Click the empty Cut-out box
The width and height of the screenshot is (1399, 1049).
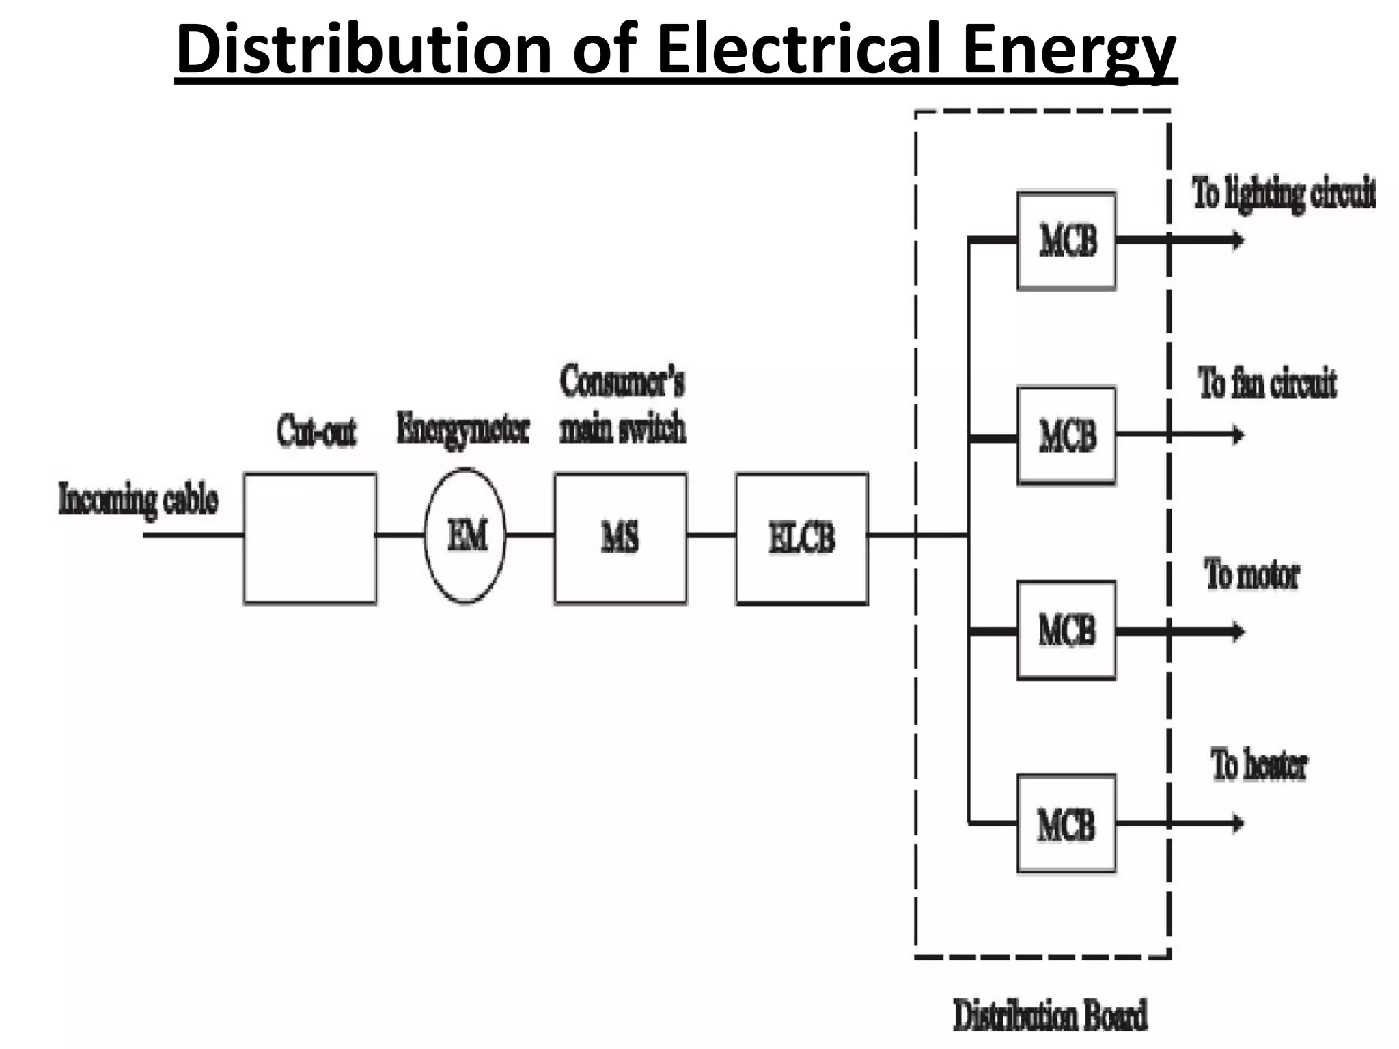pos(309,538)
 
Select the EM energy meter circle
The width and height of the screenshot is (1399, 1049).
pos(466,536)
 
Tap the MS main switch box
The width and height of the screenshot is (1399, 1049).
pos(620,538)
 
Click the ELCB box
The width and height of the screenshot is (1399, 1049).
pos(802,538)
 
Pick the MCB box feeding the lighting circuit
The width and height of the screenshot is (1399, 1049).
pos(1066,240)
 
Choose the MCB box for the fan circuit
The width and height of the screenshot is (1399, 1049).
pos(1066,435)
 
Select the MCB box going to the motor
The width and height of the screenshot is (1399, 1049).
pos(1066,630)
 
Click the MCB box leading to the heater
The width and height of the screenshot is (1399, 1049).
pos(1066,824)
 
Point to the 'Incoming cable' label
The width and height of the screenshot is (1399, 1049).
pos(139,500)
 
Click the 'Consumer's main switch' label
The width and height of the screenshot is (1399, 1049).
pos(622,405)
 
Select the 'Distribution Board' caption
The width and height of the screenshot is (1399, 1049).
pos(1050,1015)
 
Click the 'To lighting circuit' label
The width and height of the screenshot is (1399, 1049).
pos(1283,193)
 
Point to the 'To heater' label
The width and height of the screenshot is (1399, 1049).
pos(1259,765)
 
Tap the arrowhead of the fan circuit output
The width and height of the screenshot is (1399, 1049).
pos(1238,434)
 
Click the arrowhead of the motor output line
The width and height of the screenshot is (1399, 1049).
pos(1238,631)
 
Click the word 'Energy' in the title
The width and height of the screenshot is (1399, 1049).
pos(1070,49)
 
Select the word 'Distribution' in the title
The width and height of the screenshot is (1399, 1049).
pos(363,49)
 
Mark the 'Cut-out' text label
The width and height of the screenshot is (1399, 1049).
pos(316,432)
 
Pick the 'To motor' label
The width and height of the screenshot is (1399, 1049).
pos(1251,574)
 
